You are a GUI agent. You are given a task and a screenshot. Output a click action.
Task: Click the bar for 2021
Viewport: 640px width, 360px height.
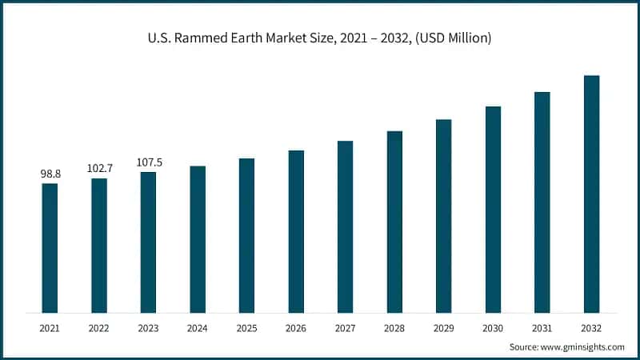(x=50, y=248)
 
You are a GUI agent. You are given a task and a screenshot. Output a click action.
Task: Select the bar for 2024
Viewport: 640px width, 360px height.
(x=198, y=239)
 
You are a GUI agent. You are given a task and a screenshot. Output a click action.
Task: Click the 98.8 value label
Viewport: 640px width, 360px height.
(x=50, y=174)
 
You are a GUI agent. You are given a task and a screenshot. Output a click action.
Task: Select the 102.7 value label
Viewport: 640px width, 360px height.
(x=100, y=168)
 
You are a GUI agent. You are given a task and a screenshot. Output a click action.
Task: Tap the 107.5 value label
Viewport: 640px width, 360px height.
(x=149, y=162)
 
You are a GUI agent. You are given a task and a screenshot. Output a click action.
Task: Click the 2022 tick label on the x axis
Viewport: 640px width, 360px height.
(x=99, y=328)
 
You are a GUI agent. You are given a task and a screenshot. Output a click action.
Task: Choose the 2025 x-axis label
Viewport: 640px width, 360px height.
(x=246, y=328)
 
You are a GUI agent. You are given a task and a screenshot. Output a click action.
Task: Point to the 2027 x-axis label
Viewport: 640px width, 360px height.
(x=345, y=328)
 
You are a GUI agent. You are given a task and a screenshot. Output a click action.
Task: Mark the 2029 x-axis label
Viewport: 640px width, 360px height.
(x=443, y=328)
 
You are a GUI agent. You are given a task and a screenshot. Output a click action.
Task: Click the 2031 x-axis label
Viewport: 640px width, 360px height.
(x=542, y=328)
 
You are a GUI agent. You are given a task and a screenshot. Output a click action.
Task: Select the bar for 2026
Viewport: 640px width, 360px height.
(x=296, y=231)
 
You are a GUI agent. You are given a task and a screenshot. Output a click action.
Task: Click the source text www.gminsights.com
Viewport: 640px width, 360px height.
(x=584, y=347)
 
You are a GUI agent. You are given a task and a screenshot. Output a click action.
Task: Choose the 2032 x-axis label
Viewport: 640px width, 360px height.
(x=591, y=328)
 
